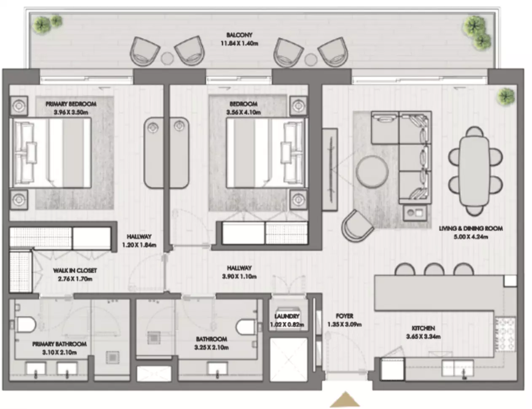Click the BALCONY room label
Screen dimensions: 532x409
pos(239,35)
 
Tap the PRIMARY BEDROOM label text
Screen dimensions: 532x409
pos(71,104)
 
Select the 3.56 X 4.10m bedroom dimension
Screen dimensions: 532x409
pos(243,112)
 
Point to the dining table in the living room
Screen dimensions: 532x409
pos(475,171)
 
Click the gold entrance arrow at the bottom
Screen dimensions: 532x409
pos(345,400)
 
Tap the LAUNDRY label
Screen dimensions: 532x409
pos(287,316)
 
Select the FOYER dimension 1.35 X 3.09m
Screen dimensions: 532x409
pos(344,324)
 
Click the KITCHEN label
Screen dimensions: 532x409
pos(423,328)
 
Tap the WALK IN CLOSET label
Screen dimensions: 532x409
pos(75,270)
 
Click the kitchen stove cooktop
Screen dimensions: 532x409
pos(505,335)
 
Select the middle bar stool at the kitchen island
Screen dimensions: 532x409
pos(434,269)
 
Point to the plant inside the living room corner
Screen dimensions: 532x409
pos(505,97)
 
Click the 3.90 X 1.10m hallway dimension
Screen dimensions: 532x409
pos(239,276)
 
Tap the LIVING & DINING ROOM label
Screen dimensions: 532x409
pos(470,229)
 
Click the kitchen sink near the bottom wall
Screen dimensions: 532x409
pos(458,369)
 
